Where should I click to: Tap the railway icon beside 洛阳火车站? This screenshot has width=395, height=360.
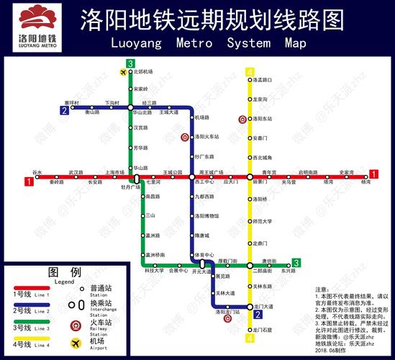point(184,136)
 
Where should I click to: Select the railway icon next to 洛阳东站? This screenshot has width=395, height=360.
point(242,118)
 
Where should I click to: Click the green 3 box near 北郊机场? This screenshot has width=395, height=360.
point(130,64)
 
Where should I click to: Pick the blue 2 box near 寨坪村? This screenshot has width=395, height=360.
point(64,111)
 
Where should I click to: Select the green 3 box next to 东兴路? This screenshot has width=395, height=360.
point(296,264)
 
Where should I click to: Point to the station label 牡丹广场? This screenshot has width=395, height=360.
point(130,187)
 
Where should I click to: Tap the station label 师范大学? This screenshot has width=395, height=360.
point(262,221)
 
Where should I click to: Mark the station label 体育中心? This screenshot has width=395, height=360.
point(206,255)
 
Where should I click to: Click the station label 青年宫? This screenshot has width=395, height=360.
point(269,172)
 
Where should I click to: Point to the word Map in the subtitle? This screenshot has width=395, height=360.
point(295,42)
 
